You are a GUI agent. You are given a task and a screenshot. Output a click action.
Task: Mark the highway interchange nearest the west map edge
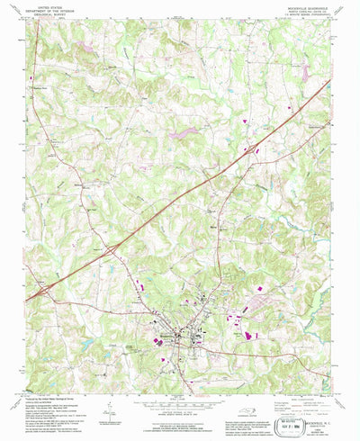pyautogui.click(x=42, y=290)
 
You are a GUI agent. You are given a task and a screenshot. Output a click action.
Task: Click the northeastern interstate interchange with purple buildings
pyautogui.click(x=255, y=146)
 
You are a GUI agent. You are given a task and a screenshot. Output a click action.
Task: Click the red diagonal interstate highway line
pyautogui.click(x=180, y=198)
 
